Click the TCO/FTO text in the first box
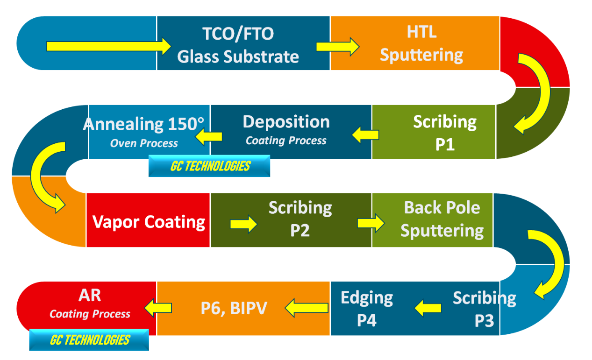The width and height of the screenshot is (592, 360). [x=238, y=34]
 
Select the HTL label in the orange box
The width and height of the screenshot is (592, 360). [x=421, y=32]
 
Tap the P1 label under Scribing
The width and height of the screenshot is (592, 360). [x=445, y=144]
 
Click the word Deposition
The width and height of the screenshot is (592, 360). [x=286, y=122]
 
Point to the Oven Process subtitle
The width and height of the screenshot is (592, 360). [x=144, y=143]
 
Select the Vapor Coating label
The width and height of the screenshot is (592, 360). [x=149, y=222]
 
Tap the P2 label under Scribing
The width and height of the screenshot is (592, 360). [x=300, y=231]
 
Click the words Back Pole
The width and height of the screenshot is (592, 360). [x=442, y=208]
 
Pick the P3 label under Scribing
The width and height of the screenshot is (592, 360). [x=484, y=321]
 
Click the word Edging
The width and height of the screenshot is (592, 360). [x=367, y=298]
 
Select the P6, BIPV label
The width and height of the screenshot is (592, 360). [x=234, y=308]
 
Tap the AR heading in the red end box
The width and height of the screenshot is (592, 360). [x=90, y=295]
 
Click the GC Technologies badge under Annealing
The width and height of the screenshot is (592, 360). [x=209, y=166]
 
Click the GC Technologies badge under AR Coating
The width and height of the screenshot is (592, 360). [x=89, y=339]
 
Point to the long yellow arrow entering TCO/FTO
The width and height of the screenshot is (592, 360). [x=108, y=46]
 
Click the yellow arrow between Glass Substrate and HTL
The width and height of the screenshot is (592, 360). [x=338, y=47]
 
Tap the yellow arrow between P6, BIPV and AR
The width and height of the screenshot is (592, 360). [x=158, y=308]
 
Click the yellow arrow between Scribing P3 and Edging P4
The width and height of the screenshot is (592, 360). [x=428, y=308]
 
